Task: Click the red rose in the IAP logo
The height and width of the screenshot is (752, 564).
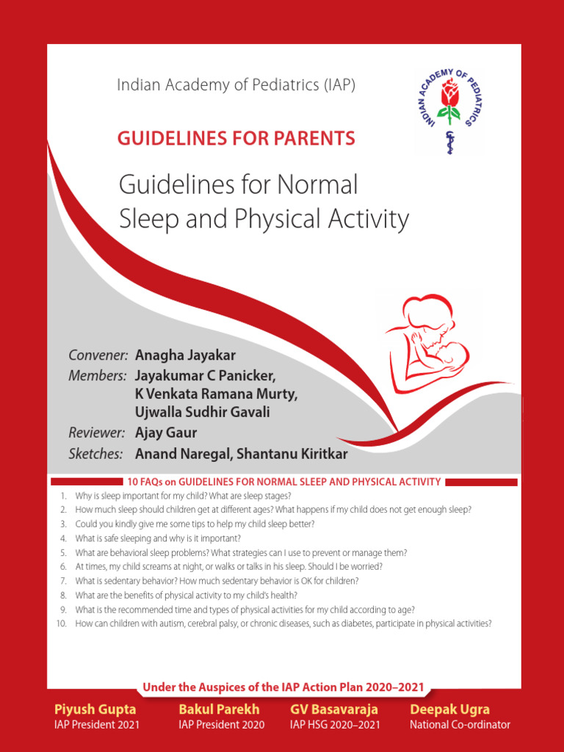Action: click(x=448, y=94)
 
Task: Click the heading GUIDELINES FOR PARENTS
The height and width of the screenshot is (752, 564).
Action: click(x=236, y=138)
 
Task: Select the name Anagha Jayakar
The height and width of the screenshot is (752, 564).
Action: click(x=185, y=355)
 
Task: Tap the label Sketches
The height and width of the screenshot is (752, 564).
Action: click(x=95, y=454)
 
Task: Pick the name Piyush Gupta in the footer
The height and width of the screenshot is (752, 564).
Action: click(x=95, y=709)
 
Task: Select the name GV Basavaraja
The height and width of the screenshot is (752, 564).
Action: click(x=334, y=709)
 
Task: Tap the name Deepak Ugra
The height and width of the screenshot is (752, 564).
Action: click(x=449, y=709)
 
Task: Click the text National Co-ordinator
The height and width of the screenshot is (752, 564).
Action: click(x=460, y=725)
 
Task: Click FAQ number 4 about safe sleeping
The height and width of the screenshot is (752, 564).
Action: click(x=158, y=538)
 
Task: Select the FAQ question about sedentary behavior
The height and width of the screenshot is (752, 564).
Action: click(x=217, y=581)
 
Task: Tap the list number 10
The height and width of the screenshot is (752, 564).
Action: click(x=61, y=623)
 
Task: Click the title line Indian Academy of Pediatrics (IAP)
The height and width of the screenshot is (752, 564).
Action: click(x=236, y=85)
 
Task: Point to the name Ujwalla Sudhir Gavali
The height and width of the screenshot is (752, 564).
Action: click(x=203, y=413)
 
